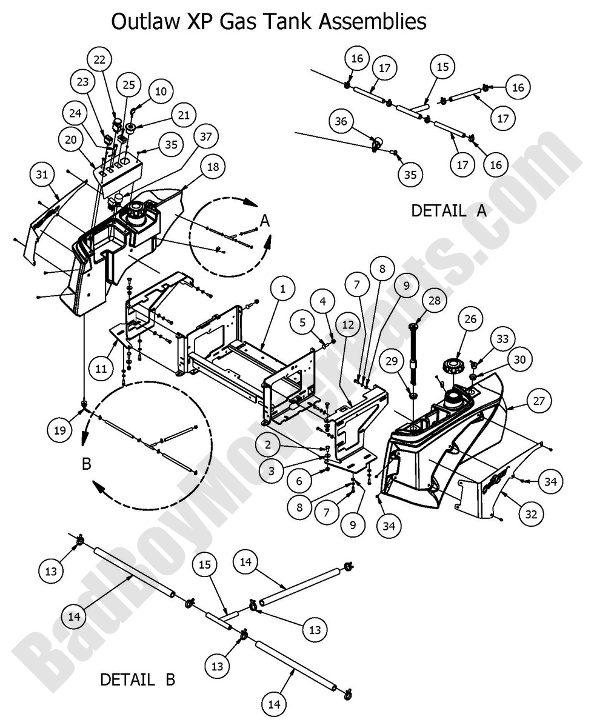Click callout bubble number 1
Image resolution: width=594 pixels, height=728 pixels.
pos(282,290)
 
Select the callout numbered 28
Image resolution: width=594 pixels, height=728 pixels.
pos(435,301)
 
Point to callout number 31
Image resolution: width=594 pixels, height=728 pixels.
pos(41,176)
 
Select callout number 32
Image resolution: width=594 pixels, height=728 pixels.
pos(531,514)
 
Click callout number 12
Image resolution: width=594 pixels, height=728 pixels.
pos(347,325)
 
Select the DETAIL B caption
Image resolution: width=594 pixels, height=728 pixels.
pos(138,680)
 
